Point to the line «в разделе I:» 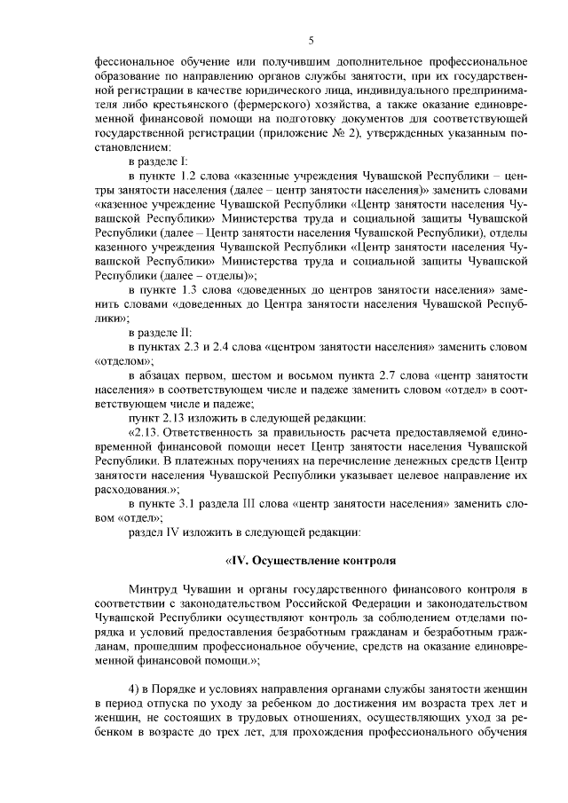click(158, 163)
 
